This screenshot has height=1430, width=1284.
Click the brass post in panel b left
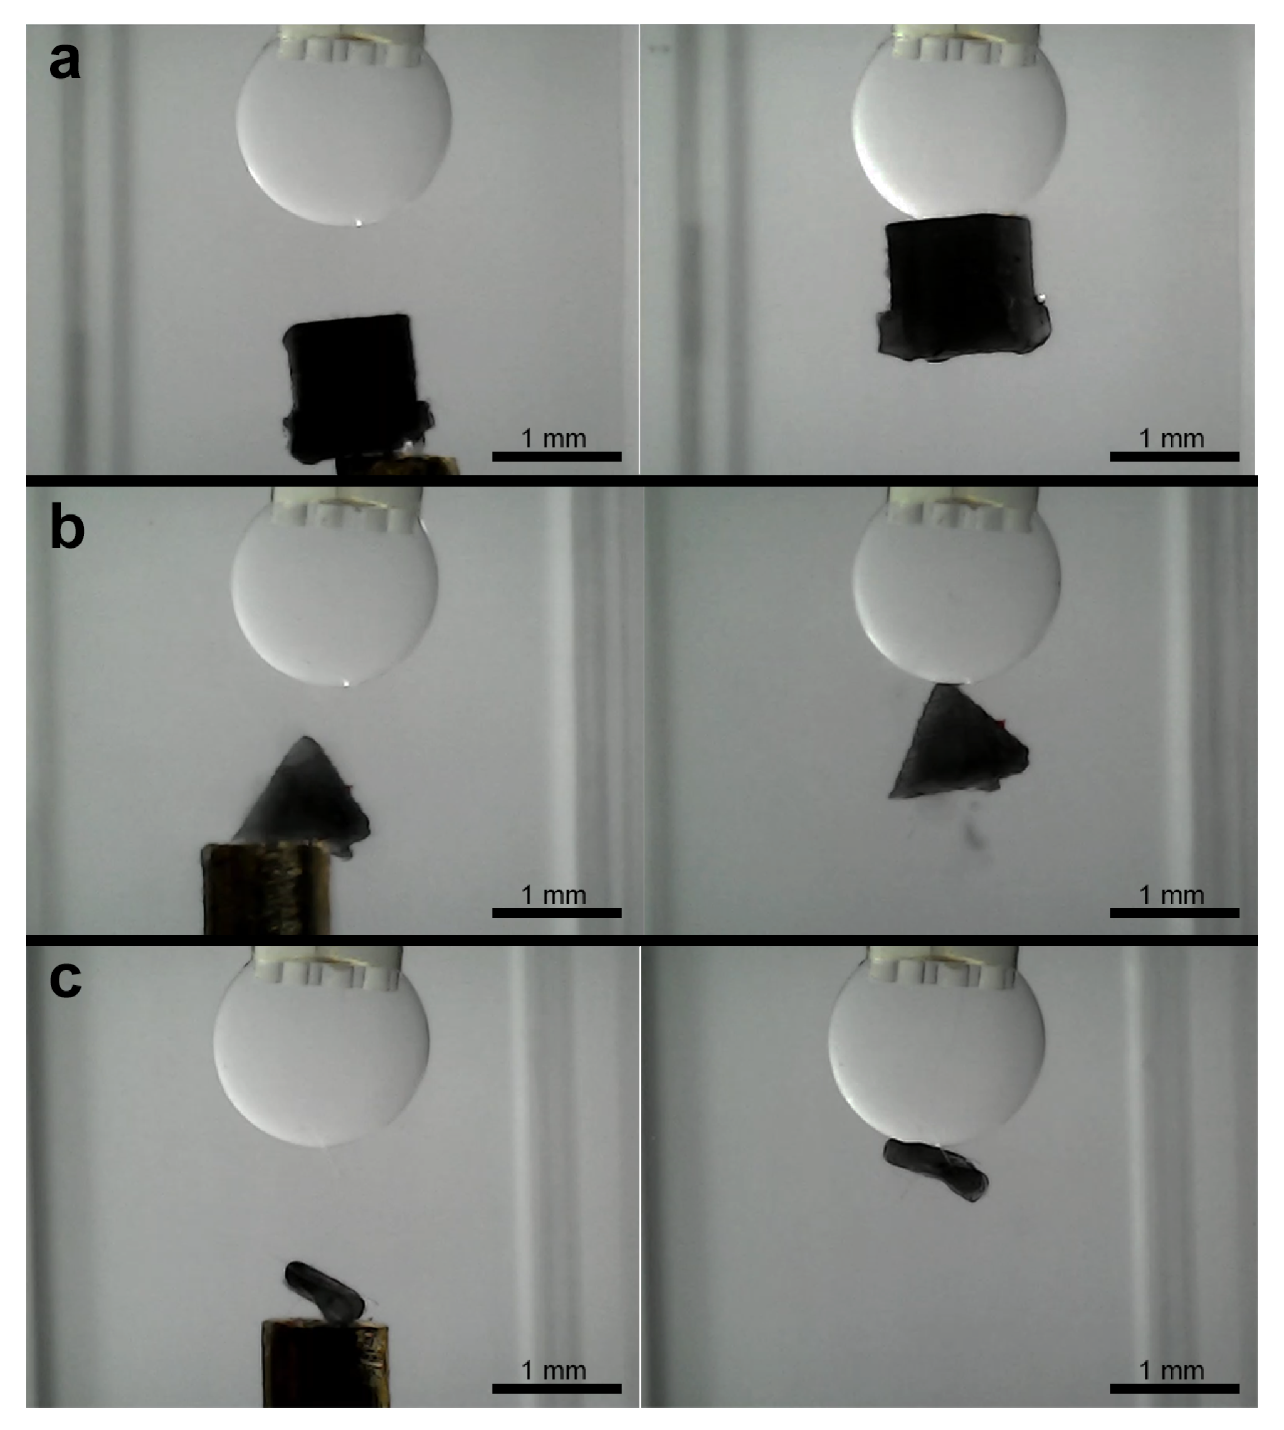(x=266, y=889)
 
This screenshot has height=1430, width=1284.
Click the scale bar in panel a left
(x=557, y=456)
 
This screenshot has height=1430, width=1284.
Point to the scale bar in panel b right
(x=1175, y=913)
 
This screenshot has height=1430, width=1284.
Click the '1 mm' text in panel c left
(x=554, y=1370)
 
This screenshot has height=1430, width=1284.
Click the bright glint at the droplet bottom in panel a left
(x=359, y=223)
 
